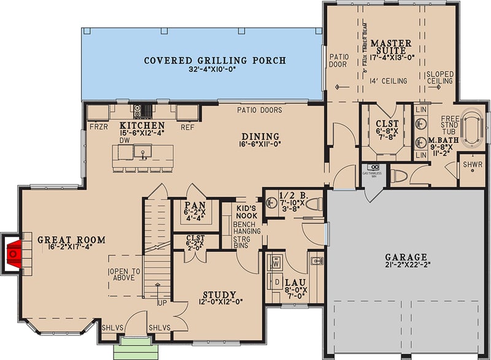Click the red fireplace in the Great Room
[14, 251]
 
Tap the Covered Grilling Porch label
[215, 60]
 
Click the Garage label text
[407, 257]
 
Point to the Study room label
[219, 294]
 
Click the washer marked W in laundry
[277, 262]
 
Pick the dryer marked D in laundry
[277, 283]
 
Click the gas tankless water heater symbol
[373, 167]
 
